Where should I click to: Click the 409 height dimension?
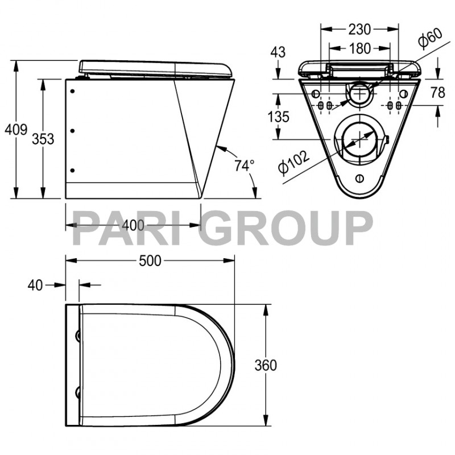pos(15,130)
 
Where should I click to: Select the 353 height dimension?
pos(43,138)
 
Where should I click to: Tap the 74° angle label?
pos(245,166)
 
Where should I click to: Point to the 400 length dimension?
pos(133,225)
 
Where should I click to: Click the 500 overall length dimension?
pos(151,260)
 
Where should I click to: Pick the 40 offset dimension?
pos(35,286)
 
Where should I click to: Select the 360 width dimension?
pos(265,365)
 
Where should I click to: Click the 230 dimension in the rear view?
pos(359,29)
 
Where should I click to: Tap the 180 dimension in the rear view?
pos(359,49)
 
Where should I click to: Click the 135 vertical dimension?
pos(278,117)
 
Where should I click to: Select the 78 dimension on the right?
pos(437,92)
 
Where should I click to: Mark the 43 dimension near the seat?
pos(278,52)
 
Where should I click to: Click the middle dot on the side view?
pos(73,131)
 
